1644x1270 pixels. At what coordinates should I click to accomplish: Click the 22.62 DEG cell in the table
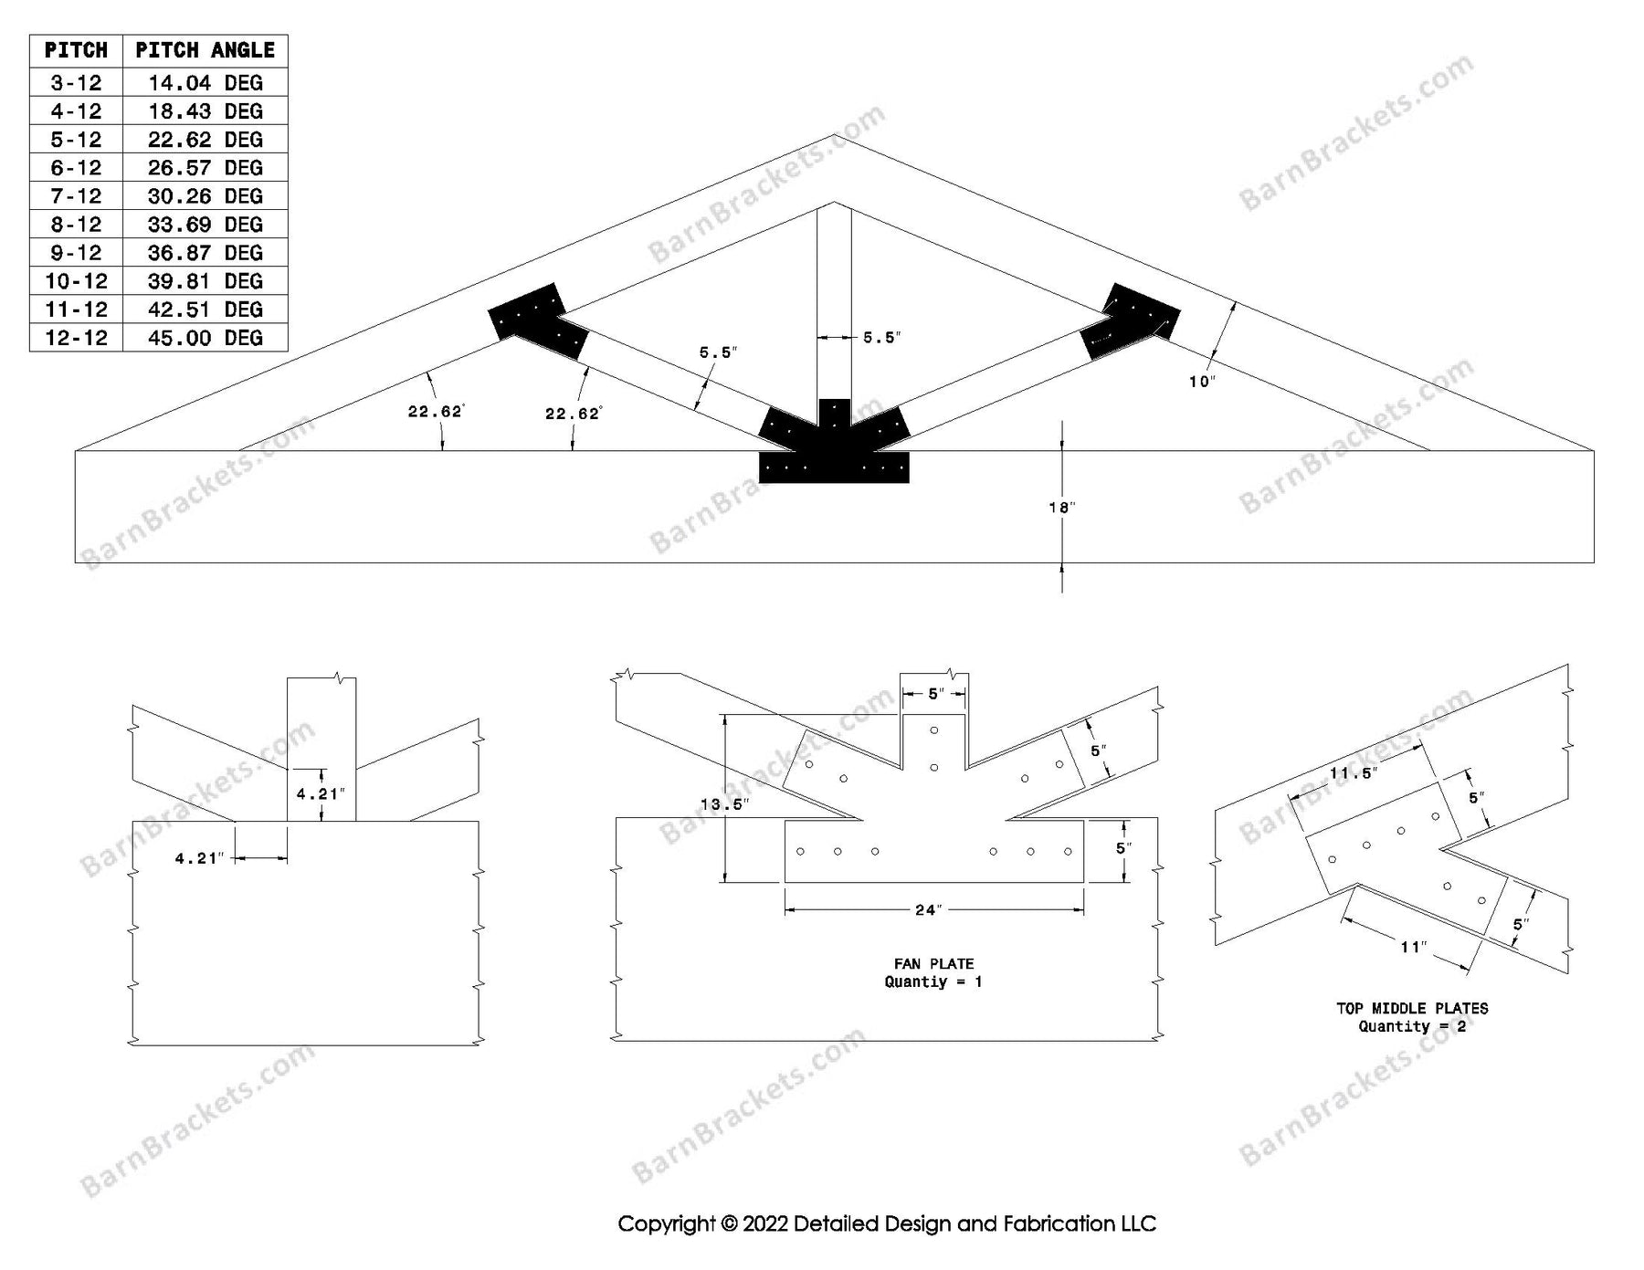tap(205, 140)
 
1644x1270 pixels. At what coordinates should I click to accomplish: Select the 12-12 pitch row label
tap(76, 338)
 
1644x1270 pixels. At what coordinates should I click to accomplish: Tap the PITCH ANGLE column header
tap(205, 50)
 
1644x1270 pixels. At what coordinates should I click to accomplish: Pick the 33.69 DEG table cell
tap(205, 225)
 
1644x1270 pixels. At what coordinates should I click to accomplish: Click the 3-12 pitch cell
tap(76, 83)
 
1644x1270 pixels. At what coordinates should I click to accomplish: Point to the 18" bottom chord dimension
tap(1061, 508)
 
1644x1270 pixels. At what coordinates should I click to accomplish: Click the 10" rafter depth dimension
tap(1202, 382)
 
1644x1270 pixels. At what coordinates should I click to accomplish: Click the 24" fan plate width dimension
tap(928, 910)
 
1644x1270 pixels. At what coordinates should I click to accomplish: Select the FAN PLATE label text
tap(933, 964)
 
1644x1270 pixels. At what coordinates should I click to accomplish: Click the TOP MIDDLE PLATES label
tap(1412, 1009)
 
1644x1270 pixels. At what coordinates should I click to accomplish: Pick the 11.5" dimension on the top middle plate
tap(1353, 774)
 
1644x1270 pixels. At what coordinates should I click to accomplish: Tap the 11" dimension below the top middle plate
tap(1413, 948)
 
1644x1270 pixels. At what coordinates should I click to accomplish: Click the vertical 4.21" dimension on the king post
tap(321, 794)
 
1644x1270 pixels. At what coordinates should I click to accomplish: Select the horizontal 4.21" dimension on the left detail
tap(199, 858)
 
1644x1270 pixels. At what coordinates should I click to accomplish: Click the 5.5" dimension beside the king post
tap(881, 338)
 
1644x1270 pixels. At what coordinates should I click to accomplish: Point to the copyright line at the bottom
tap(886, 1223)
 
